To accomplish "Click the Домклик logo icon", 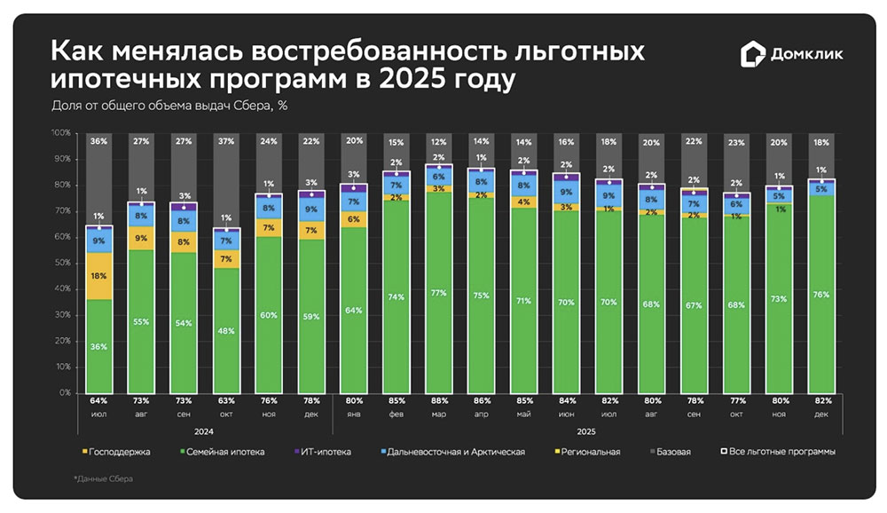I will pyautogui.click(x=750, y=55).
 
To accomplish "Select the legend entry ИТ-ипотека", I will pyautogui.click(x=325, y=452).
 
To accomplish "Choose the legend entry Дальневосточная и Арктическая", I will pyautogui.click(x=456, y=452).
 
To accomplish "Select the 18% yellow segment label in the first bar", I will pyautogui.click(x=99, y=276).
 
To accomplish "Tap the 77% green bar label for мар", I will pyautogui.click(x=439, y=292).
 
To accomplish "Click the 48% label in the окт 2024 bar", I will pyautogui.click(x=227, y=330).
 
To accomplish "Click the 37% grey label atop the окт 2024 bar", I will pyautogui.click(x=227, y=139).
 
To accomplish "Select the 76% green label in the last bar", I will pyautogui.click(x=821, y=294).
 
